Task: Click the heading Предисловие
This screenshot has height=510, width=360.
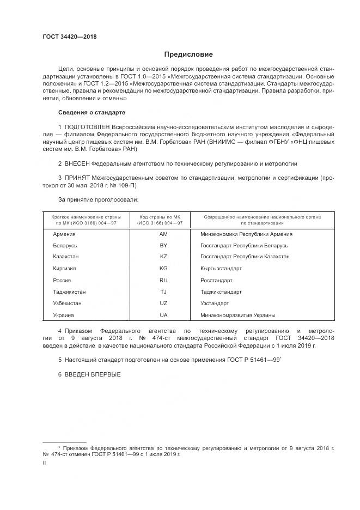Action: tap(189, 54)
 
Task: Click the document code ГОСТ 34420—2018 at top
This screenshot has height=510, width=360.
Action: tap(70, 37)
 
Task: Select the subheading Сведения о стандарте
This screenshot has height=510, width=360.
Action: tap(91, 112)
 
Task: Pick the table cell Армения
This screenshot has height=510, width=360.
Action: tap(64, 234)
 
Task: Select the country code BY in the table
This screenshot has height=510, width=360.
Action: tap(163, 245)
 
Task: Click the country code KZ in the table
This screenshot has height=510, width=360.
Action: tap(163, 257)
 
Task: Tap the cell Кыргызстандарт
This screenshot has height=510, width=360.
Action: tap(221, 269)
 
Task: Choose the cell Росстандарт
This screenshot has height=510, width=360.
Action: tap(216, 280)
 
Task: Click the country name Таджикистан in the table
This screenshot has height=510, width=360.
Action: tap(69, 292)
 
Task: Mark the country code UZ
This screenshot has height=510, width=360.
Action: tap(163, 303)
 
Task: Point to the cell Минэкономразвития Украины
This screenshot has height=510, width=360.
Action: tap(237, 315)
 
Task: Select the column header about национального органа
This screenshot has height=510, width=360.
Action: tap(262, 220)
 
